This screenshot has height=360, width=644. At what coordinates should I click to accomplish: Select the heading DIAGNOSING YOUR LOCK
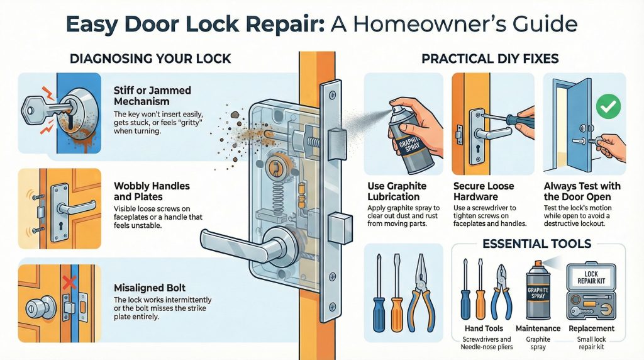tap(150, 59)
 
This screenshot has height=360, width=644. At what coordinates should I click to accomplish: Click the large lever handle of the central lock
tap(239, 242)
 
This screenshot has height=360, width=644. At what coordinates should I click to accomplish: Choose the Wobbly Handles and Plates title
tap(152, 193)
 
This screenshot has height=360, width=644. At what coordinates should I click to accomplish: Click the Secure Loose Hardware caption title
tap(484, 191)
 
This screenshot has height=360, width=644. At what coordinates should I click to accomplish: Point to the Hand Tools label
tap(482, 328)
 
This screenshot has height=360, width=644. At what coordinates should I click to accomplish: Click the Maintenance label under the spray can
tap(538, 328)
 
